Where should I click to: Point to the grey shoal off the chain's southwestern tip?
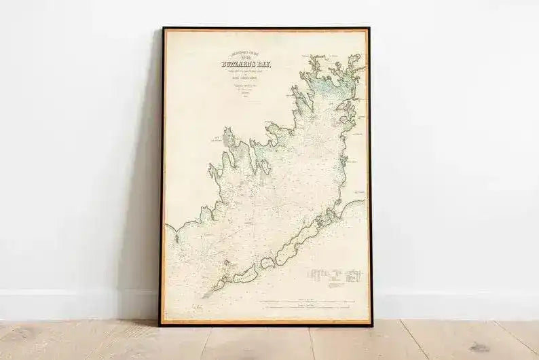pos(208,293)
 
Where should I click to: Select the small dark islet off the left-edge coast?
pos(176,238)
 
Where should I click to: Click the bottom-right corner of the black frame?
pos(371,325)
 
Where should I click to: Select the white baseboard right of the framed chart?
pos(455,305)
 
